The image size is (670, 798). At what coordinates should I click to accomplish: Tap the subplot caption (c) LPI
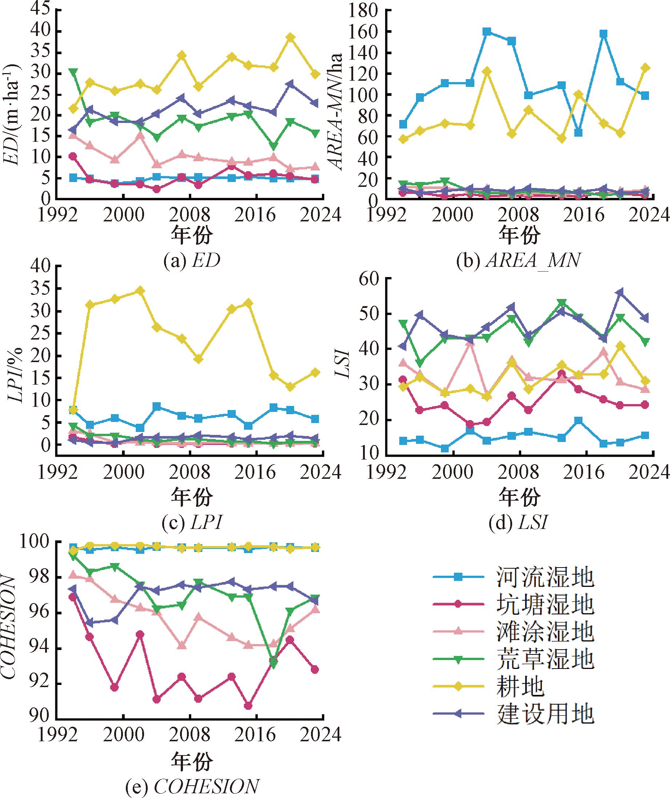click(191, 523)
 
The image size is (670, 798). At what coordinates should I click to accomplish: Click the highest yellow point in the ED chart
click(291, 37)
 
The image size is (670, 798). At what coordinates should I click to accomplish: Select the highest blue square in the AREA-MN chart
click(487, 32)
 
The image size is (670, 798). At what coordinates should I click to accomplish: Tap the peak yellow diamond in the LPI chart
click(140, 291)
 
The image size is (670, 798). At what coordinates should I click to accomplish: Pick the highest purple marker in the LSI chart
click(620, 292)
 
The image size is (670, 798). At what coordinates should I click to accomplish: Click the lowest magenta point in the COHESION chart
click(248, 706)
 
